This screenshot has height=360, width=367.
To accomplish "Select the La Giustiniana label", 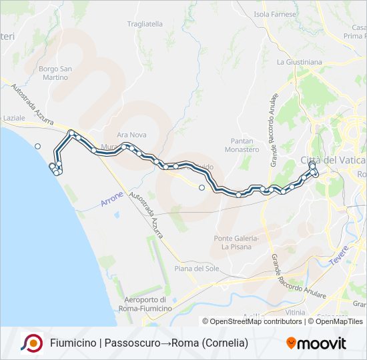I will tap(299, 62).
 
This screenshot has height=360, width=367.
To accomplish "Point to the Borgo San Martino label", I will tap(53, 73).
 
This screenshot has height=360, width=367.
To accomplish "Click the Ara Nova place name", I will tap(131, 134).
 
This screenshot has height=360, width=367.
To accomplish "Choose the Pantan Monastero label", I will tap(245, 145).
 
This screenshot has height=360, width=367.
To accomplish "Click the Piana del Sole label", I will tap(196, 268).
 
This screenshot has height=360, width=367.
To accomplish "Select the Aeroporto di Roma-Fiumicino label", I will tap(148, 304).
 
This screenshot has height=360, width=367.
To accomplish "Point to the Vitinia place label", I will tap(294, 311).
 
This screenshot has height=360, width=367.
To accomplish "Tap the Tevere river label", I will tap(340, 256).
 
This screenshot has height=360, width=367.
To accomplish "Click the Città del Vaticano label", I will tap(333, 161).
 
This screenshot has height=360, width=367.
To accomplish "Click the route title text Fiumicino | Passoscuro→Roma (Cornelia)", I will tap(149, 343).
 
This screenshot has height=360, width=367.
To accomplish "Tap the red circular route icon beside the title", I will tap(32, 343).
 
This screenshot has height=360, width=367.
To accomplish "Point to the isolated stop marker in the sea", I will tap(38, 146).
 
